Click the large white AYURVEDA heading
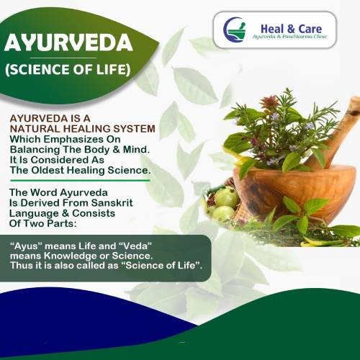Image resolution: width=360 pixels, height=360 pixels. pos(68,42)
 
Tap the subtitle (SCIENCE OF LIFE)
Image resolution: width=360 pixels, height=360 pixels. pos(68,69)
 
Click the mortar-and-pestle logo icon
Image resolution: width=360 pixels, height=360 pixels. pos(235,30)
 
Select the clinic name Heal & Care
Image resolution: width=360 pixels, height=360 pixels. pos(291,29)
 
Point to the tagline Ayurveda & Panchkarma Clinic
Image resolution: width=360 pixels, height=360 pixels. pos(289,37)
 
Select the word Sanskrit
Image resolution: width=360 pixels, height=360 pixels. pos(112,203)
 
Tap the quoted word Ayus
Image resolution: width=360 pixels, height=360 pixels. pos(28,246)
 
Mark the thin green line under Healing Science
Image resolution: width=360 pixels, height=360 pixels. pos(80,181)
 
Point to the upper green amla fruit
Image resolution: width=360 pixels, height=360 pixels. pos(227,198)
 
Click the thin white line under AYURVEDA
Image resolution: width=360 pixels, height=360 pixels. pos(63,58)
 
